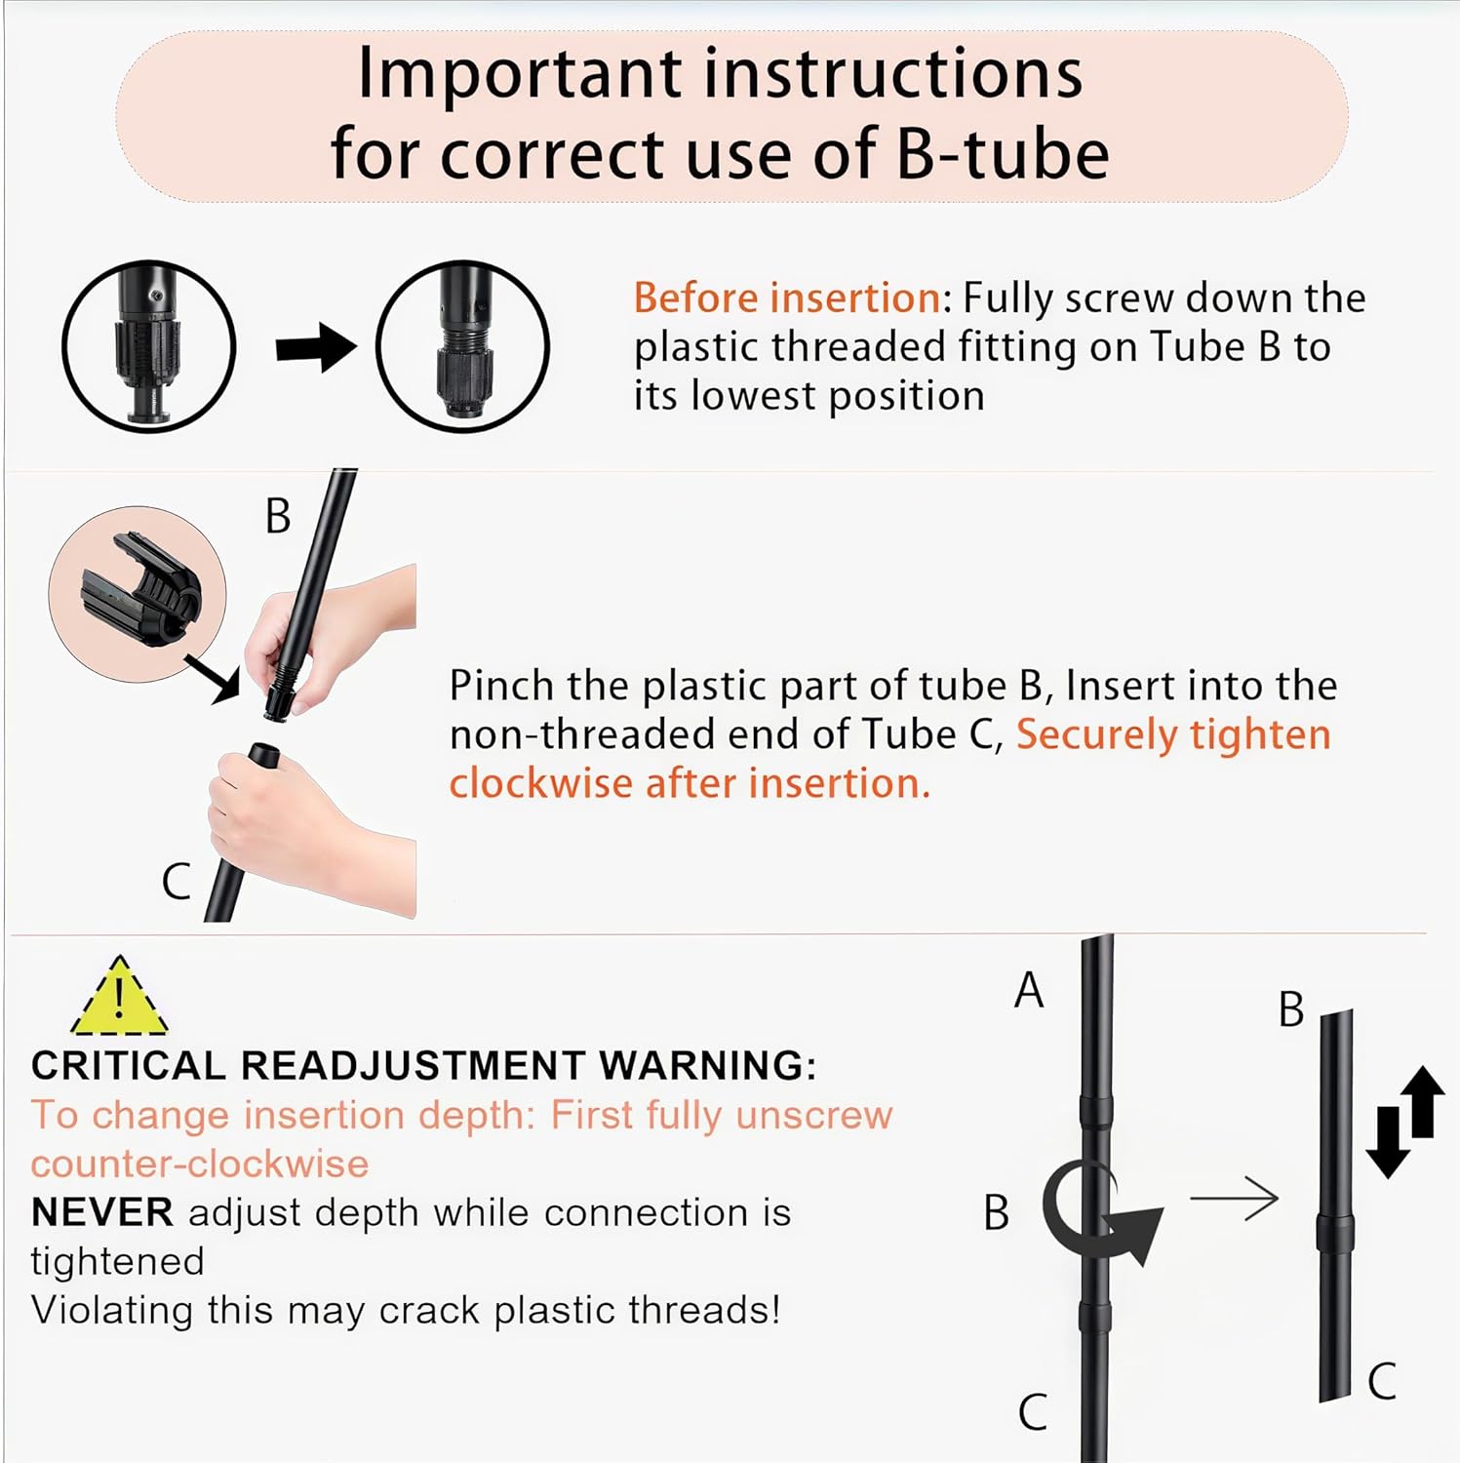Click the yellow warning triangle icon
119,998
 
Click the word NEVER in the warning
102,1212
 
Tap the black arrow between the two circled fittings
315,348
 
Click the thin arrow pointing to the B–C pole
1234,1199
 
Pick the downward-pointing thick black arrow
1387,1143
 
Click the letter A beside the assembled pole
1029,990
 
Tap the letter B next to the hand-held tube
278,516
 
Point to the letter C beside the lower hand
176,882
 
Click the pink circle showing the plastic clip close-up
137,594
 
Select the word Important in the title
521,74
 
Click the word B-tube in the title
1003,154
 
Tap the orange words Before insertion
787,297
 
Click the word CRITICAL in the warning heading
129,1065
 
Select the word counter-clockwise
200,1164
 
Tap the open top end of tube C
262,753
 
